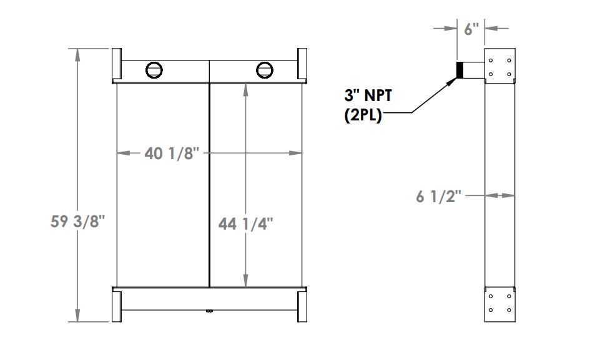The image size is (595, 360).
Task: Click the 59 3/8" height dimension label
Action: tap(76, 222)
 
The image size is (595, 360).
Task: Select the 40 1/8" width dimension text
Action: tap(172, 152)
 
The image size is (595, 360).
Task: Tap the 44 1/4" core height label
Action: tap(246, 223)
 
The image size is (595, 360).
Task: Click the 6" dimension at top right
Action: tap(471, 28)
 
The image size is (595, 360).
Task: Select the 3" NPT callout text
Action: tap(371, 96)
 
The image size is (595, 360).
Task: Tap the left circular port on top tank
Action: tap(152, 69)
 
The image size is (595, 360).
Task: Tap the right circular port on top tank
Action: tap(264, 69)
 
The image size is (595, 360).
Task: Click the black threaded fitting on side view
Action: tap(460, 70)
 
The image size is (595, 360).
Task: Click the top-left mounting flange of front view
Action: tap(117, 64)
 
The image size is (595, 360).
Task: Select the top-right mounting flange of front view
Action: tap(302, 64)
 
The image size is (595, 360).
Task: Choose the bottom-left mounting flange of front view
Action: tap(117, 304)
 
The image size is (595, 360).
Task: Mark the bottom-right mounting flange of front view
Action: tap(302, 304)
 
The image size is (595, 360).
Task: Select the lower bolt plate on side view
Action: tap(500, 303)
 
